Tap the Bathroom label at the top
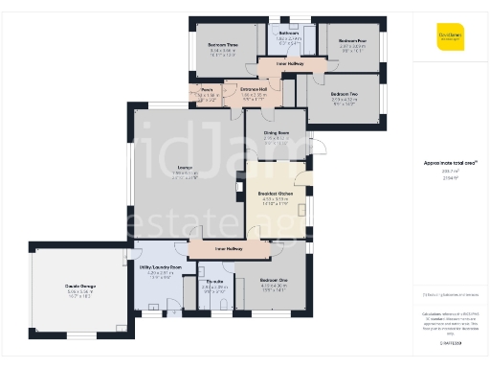(x=289, y=33)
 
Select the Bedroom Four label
(x=352, y=40)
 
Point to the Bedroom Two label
(x=344, y=94)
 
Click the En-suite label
(x=213, y=281)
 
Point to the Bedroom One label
(x=274, y=280)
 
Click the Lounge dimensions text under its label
(x=186, y=176)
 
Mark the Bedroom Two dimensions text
(x=344, y=101)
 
